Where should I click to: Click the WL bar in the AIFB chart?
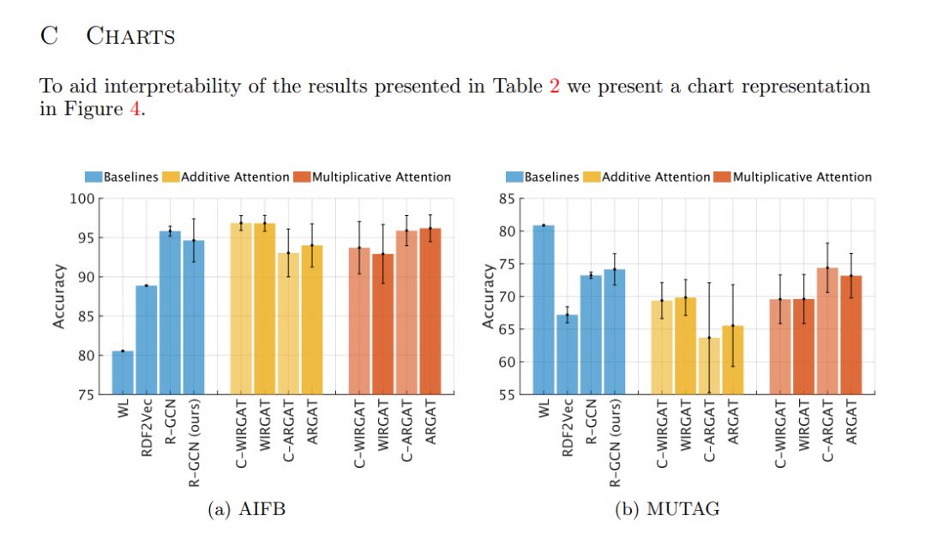(123, 373)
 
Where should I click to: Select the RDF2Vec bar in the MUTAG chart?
(567, 354)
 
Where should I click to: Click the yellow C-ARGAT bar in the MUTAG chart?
(709, 366)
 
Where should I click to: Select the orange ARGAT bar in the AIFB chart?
(431, 311)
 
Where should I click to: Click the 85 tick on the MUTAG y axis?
(507, 199)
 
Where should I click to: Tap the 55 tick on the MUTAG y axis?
(507, 395)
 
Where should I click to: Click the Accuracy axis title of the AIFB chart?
(59, 297)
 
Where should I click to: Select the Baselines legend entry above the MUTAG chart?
(546, 177)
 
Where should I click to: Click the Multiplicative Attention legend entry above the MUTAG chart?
(792, 177)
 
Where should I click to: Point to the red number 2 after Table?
(554, 87)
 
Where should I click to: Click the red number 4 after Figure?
(134, 111)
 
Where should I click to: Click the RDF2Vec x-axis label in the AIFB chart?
(147, 429)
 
